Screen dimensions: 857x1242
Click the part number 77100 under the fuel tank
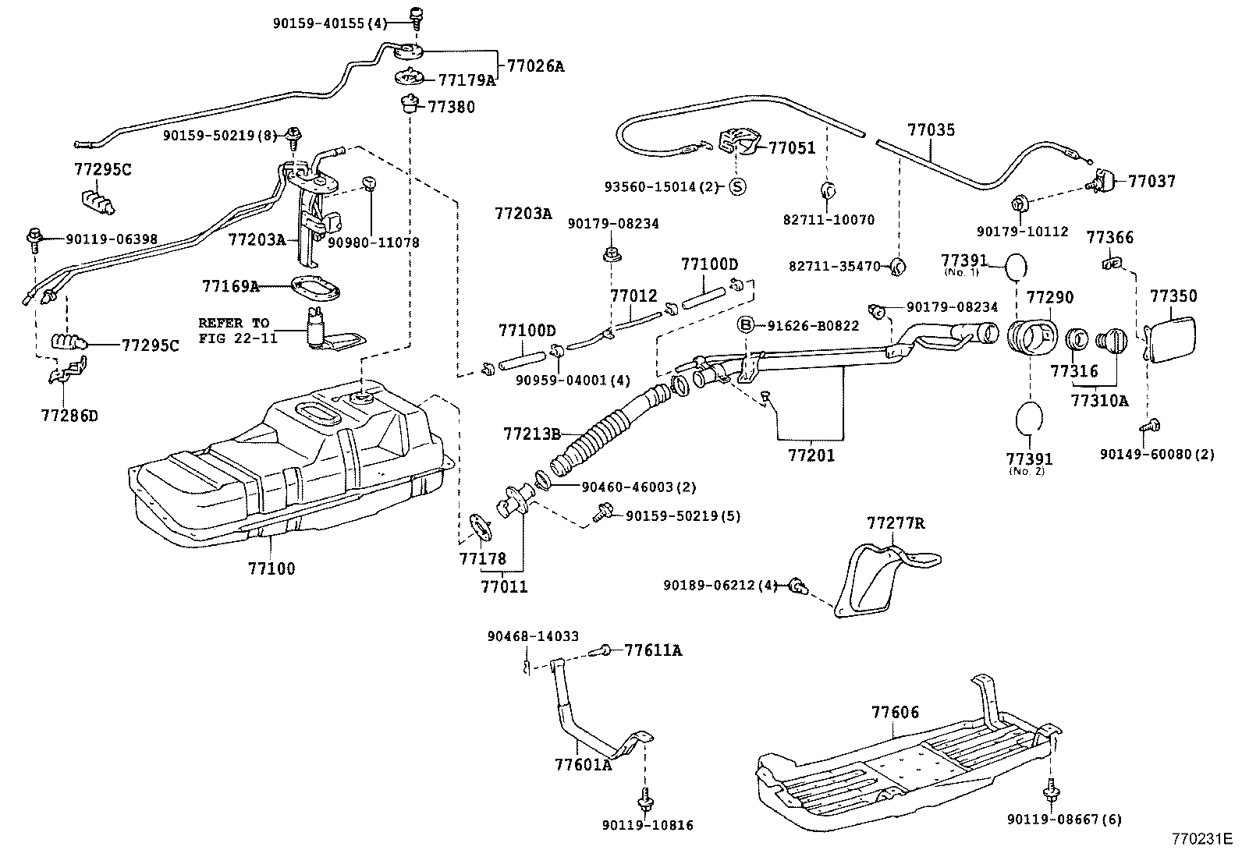[271, 568]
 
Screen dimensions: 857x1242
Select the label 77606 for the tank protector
[895, 712]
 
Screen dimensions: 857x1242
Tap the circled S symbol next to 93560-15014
[737, 186]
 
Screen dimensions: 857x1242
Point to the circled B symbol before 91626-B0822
[746, 325]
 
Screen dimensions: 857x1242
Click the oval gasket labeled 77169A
[315, 288]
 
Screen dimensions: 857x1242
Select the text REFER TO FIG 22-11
[233, 331]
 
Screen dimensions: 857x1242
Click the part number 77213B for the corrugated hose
[533, 433]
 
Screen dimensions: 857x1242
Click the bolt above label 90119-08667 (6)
[1052, 791]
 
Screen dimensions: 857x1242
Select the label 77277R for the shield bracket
[895, 522]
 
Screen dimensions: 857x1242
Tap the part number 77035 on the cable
[930, 129]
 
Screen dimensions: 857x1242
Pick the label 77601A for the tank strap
[583, 764]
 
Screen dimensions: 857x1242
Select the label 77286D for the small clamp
[70, 416]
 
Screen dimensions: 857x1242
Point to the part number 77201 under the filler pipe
[811, 455]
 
